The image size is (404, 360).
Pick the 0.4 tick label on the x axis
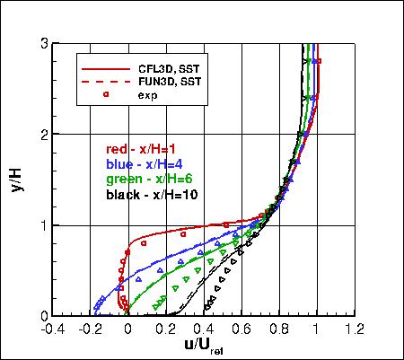click(x=204, y=329)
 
